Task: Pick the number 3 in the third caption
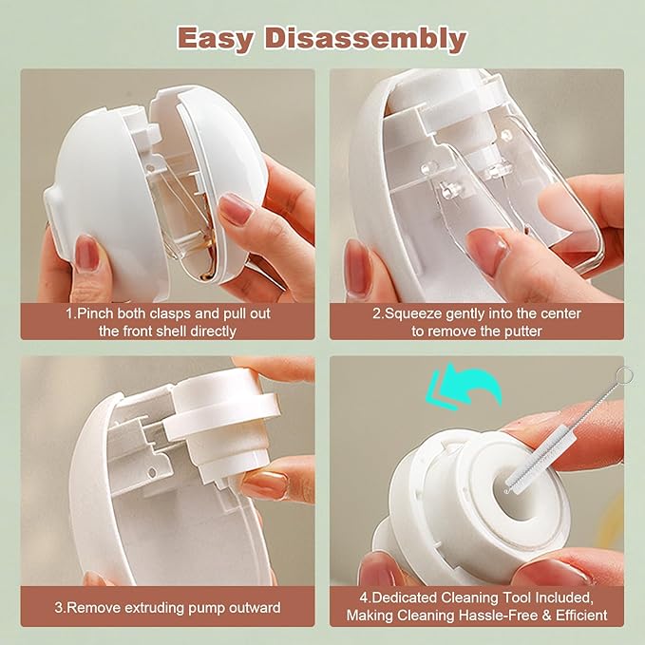coord(59,607)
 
